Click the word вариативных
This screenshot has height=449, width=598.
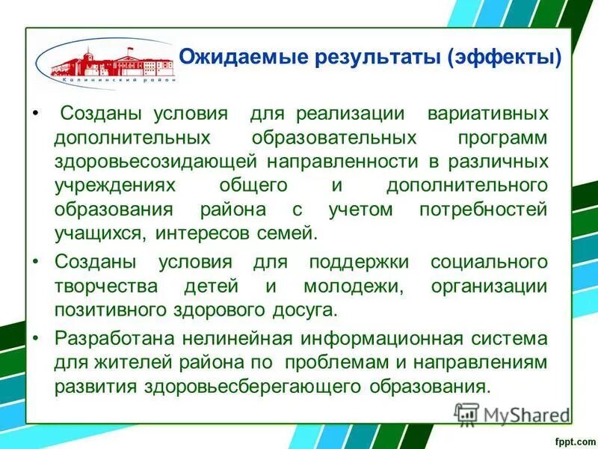click(x=487, y=114)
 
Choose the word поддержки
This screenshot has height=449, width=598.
click(x=360, y=263)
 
